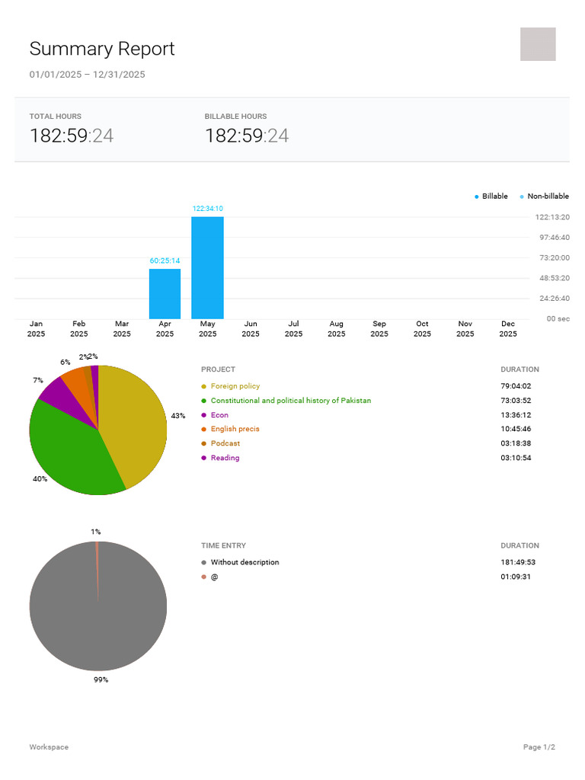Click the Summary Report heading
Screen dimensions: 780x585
(102, 49)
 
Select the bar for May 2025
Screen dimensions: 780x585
(207, 268)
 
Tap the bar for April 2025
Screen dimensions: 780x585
(165, 294)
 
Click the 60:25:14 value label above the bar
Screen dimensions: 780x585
(165, 261)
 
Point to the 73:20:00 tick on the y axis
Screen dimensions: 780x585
(554, 258)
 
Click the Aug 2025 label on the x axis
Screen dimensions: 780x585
(336, 329)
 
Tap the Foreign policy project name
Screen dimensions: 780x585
(235, 386)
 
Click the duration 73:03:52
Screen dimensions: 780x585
(516, 401)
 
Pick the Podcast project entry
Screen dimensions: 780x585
(225, 443)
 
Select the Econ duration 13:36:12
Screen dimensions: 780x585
(516, 415)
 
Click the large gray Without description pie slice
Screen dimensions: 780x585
(97, 617)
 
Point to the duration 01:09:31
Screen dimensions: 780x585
(516, 577)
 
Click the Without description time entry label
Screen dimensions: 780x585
(245, 562)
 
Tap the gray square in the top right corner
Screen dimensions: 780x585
(538, 44)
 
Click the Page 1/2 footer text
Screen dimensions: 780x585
(539, 747)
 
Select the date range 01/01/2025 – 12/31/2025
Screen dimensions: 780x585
(87, 75)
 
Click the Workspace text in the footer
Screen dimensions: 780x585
(49, 747)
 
